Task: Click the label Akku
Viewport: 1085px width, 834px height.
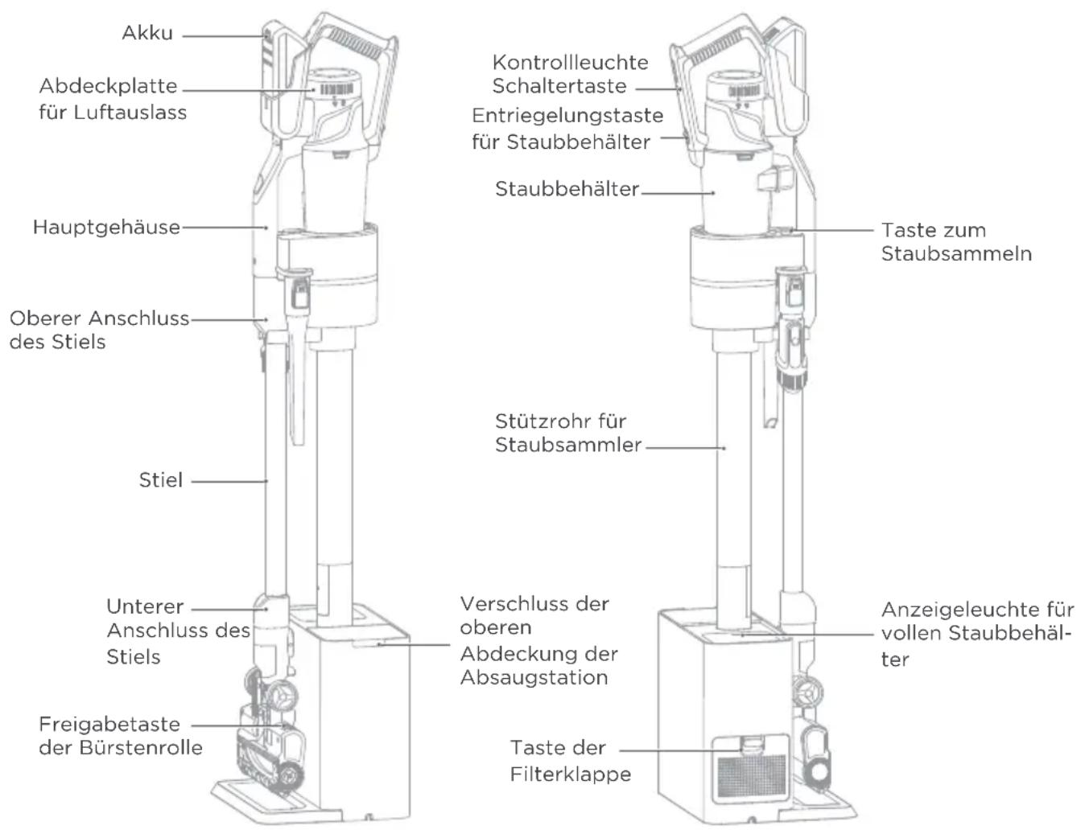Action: (147, 33)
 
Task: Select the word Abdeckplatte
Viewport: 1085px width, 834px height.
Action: (109, 86)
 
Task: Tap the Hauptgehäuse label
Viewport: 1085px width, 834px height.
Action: (106, 228)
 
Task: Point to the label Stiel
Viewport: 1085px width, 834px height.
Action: (161, 480)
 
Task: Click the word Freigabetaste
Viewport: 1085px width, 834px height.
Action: (109, 725)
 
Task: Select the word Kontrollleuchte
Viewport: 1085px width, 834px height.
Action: (570, 63)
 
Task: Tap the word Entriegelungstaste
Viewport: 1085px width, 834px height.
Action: (567, 116)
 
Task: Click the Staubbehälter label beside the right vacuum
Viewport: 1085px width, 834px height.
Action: (567, 189)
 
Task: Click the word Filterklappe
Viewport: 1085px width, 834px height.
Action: (571, 774)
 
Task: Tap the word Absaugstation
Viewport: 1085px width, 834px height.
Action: (534, 678)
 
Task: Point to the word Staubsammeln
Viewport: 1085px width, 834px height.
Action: (956, 254)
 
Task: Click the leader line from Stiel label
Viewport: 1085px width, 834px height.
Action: (229, 482)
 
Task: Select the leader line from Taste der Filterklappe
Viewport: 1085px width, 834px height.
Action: (680, 750)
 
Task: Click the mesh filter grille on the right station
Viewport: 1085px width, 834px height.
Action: (752, 777)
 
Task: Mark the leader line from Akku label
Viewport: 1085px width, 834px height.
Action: (225, 36)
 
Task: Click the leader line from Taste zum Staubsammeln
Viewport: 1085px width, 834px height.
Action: (832, 231)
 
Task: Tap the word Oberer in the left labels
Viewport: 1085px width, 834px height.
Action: (42, 318)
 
